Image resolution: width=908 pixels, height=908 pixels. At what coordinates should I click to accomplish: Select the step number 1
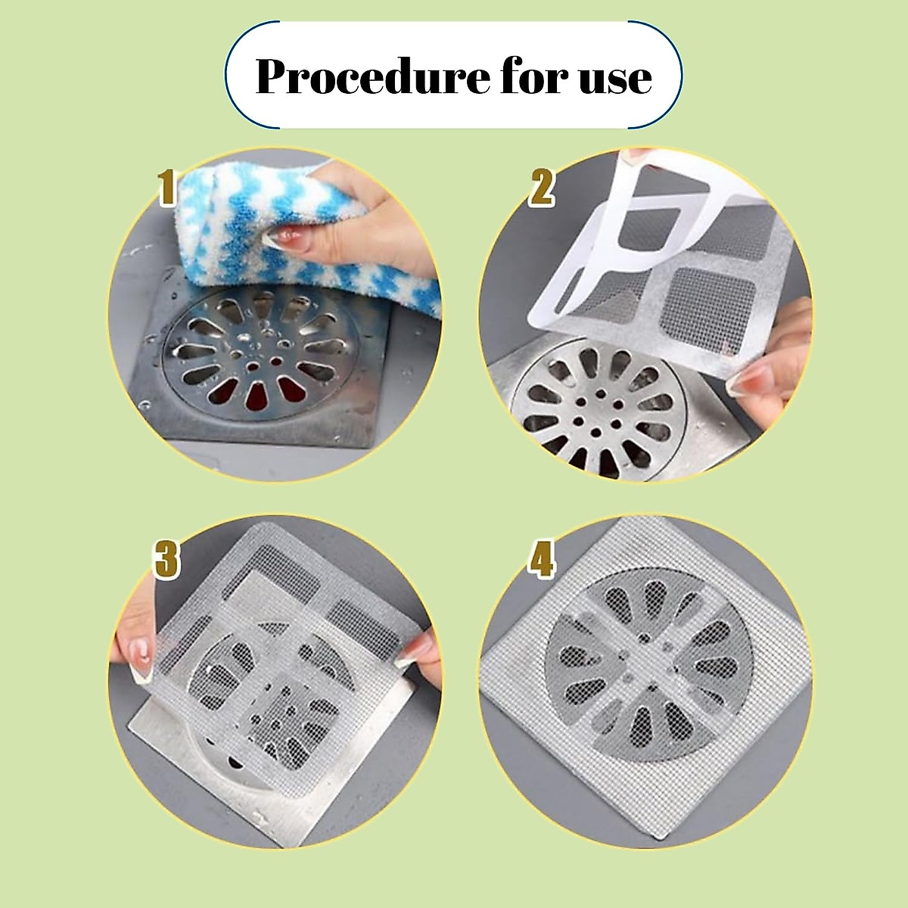click(x=167, y=188)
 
